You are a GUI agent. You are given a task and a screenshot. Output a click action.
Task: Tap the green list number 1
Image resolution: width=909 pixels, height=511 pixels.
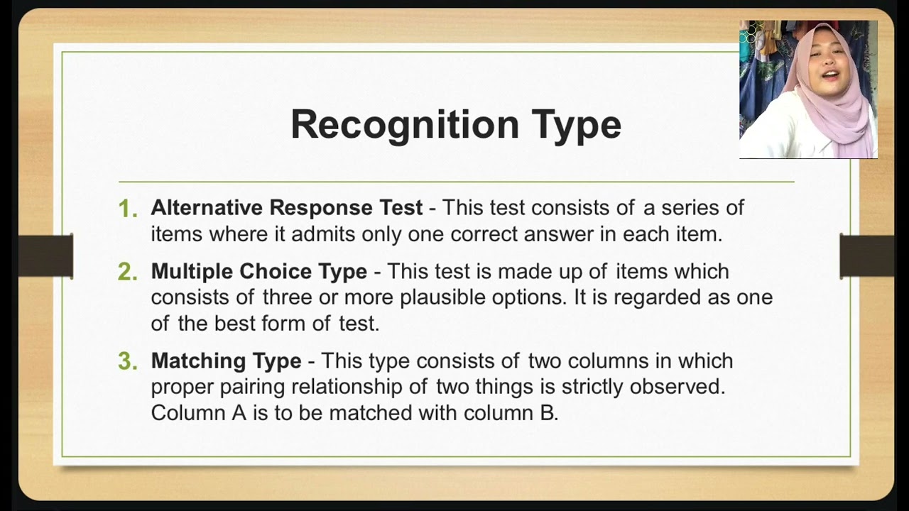point(128,209)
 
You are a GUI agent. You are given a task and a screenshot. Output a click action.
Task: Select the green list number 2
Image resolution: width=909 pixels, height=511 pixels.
point(128,273)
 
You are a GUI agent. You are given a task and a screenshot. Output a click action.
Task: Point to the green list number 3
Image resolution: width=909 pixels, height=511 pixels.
point(128,362)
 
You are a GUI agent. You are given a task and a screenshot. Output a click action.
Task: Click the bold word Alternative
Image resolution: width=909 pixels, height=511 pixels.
point(207,208)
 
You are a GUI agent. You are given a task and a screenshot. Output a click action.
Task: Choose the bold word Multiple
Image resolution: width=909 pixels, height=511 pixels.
point(192,272)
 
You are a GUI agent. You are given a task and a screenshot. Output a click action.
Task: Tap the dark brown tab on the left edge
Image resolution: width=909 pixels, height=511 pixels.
point(45,256)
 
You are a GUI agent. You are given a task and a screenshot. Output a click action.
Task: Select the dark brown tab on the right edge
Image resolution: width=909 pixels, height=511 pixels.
point(866,256)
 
